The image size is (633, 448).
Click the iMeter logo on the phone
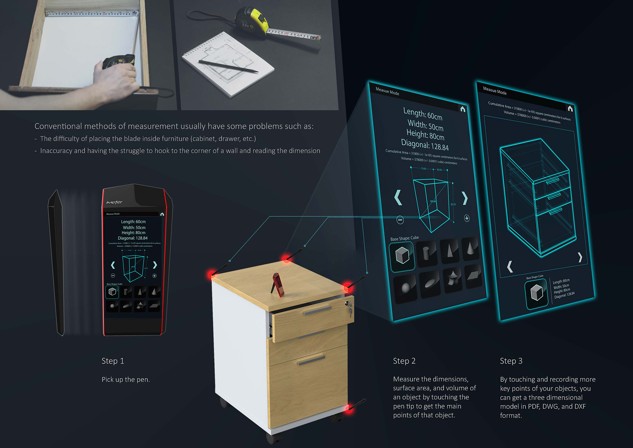[114, 202]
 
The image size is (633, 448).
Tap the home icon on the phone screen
[162, 214]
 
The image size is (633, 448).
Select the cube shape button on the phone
[112, 292]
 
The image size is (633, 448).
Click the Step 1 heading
[113, 361]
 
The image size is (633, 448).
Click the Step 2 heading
[404, 361]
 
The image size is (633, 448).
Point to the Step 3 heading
[511, 361]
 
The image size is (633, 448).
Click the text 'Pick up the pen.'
[126, 379]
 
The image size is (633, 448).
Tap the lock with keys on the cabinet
[349, 308]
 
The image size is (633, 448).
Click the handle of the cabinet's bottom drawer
[311, 360]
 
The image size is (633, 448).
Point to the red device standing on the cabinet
[279, 284]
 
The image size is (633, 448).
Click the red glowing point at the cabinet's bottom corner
[348, 409]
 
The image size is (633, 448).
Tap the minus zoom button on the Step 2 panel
[400, 220]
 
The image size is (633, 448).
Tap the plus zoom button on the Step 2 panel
[467, 218]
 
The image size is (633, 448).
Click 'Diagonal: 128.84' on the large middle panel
[425, 145]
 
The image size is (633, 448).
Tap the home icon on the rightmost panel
[570, 108]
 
